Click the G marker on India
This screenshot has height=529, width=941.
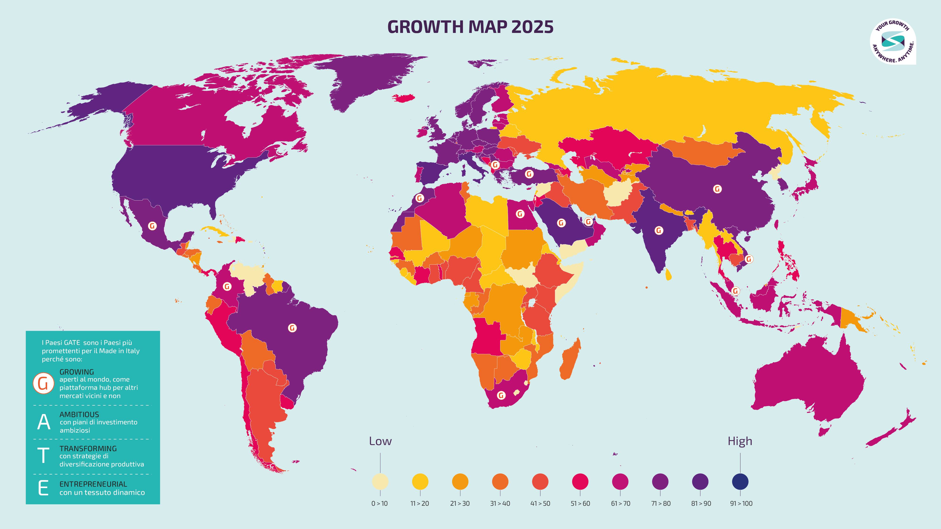coord(659,230)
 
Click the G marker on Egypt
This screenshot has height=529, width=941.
coord(520,214)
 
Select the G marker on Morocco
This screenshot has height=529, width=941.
coord(420,198)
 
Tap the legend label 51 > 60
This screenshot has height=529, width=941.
coord(580,503)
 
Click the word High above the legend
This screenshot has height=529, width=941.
coord(740,441)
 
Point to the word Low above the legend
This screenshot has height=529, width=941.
coord(380,441)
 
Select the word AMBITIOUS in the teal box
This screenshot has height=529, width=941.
coord(79,414)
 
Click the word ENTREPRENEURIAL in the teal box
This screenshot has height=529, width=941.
coord(93,484)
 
